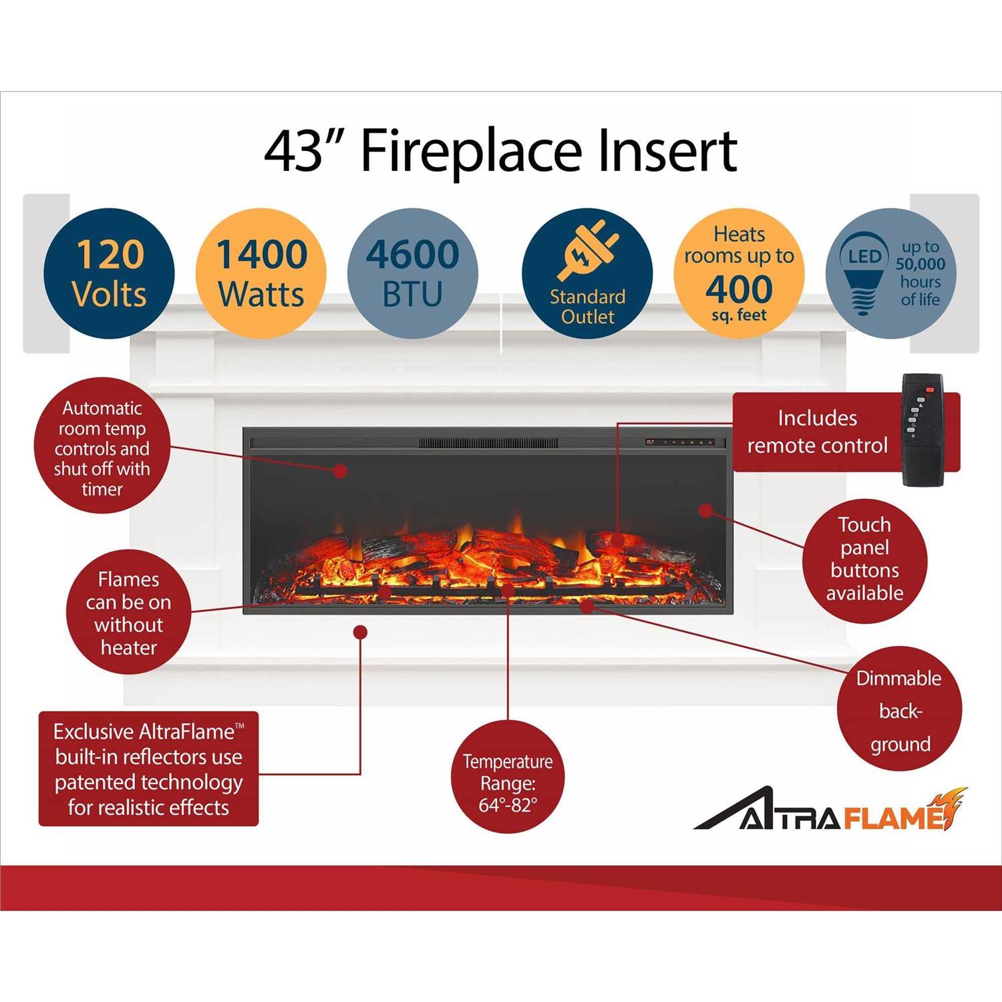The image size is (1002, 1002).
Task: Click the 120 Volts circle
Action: coord(109,274)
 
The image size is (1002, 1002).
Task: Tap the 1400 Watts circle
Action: coord(261,274)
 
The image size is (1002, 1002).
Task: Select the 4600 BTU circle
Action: coord(413,274)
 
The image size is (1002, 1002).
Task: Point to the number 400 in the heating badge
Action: coord(739,289)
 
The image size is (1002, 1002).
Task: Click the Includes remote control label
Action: coord(817,432)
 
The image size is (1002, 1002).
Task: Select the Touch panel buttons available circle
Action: coord(865,559)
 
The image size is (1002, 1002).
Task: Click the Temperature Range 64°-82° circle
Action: coord(508,783)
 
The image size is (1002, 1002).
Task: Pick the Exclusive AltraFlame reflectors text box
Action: coord(148,769)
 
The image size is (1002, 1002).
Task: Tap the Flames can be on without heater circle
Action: coord(128,612)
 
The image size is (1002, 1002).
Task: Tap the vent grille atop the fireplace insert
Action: coord(488,443)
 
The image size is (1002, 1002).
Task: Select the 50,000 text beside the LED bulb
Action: coord(921,264)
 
